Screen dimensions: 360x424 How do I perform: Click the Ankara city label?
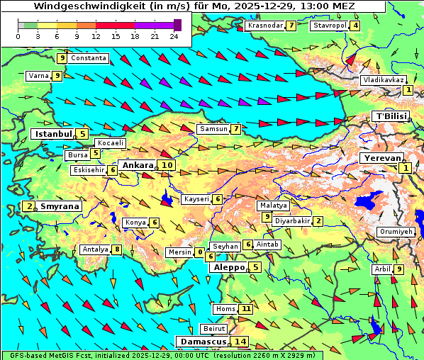click(x=138, y=165)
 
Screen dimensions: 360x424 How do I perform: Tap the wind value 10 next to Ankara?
click(x=167, y=165)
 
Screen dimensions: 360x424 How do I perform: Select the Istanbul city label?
click(x=54, y=133)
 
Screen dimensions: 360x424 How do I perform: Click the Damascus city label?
click(x=202, y=342)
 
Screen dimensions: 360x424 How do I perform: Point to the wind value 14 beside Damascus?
click(x=241, y=342)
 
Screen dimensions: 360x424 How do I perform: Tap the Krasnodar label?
click(x=266, y=26)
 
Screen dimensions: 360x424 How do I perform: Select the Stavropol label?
click(x=330, y=26)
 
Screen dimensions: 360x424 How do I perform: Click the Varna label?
click(x=38, y=75)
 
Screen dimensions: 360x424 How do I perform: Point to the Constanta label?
click(x=89, y=58)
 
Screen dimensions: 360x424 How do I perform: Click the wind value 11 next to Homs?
click(x=246, y=309)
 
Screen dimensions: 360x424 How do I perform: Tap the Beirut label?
click(x=214, y=329)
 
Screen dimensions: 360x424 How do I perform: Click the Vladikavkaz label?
click(x=383, y=80)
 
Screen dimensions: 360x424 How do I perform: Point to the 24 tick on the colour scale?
click(x=174, y=35)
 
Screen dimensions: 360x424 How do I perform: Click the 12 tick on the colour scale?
click(x=96, y=35)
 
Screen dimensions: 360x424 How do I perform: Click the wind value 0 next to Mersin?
click(x=201, y=252)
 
